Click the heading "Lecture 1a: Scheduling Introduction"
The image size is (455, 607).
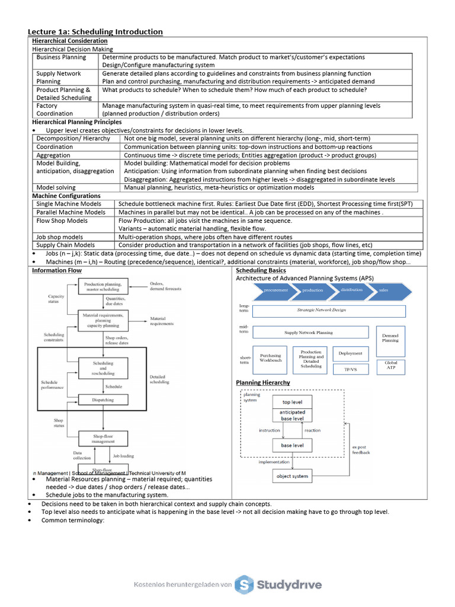[x=95, y=31]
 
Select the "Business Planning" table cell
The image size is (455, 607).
[x=61, y=57]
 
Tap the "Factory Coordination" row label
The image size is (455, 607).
[x=55, y=110]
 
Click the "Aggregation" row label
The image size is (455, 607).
[x=53, y=155]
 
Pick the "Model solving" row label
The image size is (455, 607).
[x=56, y=187]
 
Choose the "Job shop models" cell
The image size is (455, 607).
[x=60, y=237]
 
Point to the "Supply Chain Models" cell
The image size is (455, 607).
[x=65, y=245]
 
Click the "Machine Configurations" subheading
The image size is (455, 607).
[x=66, y=196]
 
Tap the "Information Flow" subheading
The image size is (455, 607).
[x=57, y=270]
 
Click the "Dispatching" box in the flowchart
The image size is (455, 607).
[x=103, y=400]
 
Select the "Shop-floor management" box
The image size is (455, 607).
[x=103, y=438]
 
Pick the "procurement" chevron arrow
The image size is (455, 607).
[x=275, y=290]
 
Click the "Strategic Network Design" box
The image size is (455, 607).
[x=329, y=311]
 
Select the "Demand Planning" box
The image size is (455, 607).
[x=390, y=338]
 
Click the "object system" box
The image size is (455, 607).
[x=293, y=475]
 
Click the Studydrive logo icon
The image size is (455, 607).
[x=244, y=584]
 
